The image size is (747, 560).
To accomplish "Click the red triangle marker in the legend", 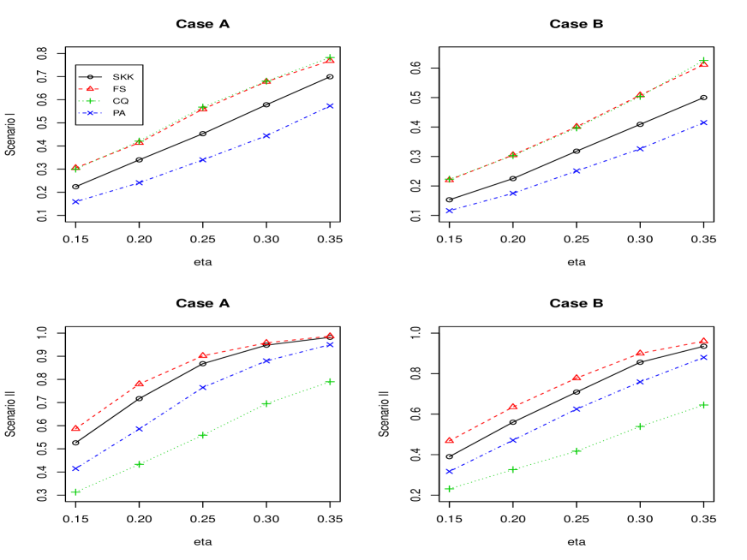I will [89, 89].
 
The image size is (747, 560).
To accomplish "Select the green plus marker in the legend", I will [89, 101].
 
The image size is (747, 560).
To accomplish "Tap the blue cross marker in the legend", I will [89, 113].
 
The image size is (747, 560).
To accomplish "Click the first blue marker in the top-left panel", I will [76, 201].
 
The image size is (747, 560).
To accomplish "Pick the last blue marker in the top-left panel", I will [330, 106].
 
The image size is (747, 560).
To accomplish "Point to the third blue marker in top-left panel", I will [203, 159].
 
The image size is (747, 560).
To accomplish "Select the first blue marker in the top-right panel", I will [449, 211].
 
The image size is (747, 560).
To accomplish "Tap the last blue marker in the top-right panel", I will [703, 122].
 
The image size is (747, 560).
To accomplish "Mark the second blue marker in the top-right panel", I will [512, 194].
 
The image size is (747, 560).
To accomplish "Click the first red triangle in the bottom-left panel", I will [76, 427].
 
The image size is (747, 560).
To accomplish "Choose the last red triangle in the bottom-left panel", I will [330, 336].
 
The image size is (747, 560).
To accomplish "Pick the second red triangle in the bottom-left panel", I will [139, 384].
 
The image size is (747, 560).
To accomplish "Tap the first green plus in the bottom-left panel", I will [76, 491].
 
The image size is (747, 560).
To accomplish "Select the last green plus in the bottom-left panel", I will [330, 381].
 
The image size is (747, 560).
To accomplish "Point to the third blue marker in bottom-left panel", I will [203, 387].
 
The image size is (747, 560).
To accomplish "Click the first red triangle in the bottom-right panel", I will [449, 440].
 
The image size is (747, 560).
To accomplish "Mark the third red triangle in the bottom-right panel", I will [577, 377].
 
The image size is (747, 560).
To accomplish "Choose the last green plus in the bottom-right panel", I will [703, 404].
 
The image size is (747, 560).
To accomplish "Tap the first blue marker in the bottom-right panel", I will [449, 471].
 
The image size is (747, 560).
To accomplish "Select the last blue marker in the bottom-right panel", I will [703, 357].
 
